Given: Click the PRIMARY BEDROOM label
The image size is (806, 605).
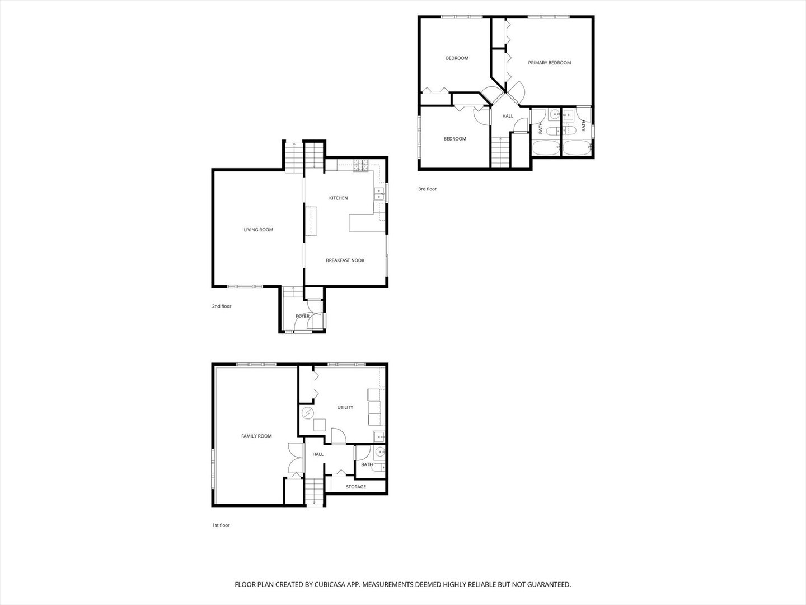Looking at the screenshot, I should click(x=549, y=63).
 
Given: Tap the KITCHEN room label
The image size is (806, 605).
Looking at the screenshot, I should click(x=338, y=198).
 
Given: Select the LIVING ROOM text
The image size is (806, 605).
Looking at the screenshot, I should click(x=258, y=230).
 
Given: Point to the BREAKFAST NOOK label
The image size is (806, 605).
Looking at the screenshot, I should click(x=345, y=260).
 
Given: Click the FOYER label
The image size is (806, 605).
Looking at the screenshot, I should click(x=302, y=317).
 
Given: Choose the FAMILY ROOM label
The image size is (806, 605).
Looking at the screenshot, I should click(x=256, y=436).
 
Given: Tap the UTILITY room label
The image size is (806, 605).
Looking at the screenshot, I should click(x=345, y=407).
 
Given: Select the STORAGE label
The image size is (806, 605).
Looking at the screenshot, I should click(x=355, y=487).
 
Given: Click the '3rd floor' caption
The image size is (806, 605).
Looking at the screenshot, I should click(x=427, y=189).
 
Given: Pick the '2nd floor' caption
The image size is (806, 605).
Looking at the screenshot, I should click(x=221, y=306).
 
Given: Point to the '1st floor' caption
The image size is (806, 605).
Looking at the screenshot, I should click(x=221, y=525).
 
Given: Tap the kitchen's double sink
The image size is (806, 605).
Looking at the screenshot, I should click(x=378, y=194).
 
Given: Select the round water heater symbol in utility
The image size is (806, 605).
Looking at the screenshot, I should click(x=307, y=413).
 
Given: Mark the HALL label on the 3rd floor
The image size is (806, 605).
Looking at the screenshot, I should click(x=507, y=116).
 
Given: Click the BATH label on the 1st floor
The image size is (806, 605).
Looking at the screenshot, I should click(x=367, y=464).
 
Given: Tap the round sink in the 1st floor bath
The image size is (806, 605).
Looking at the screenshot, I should click(x=380, y=452).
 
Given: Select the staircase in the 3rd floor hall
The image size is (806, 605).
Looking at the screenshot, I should click(x=500, y=152).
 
